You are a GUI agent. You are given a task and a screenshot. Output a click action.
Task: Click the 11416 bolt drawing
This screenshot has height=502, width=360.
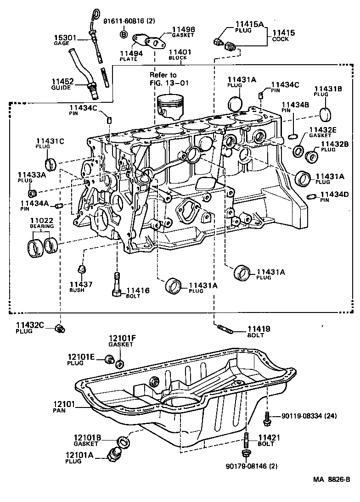[x=116, y=284]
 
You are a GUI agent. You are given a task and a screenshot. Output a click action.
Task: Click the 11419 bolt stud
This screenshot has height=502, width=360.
[x=225, y=328]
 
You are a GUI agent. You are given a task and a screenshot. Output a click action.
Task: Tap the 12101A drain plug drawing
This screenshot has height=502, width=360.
[x=112, y=454]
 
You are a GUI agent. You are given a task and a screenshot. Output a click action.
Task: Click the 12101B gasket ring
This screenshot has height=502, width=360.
[x=123, y=442]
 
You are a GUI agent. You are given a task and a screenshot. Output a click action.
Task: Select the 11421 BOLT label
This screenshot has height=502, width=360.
[x=266, y=441]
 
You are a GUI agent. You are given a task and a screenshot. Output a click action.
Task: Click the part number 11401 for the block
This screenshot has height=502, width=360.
[x=180, y=53]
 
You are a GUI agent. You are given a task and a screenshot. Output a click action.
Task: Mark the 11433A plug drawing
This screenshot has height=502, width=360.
[x=33, y=190]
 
